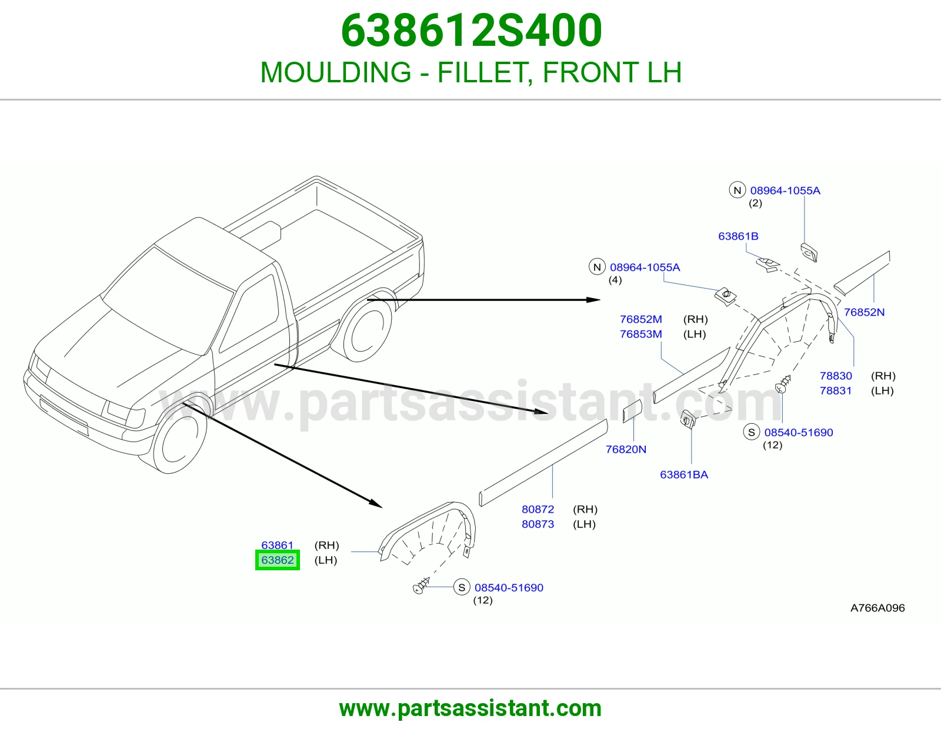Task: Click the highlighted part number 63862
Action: point(278,560)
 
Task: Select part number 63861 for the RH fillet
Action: point(277,545)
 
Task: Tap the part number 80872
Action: point(538,509)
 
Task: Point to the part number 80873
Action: point(538,524)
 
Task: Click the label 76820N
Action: point(626,449)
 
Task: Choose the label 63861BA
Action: point(684,474)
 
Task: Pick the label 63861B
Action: point(738,236)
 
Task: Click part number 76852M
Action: point(641,319)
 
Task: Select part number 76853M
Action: point(641,334)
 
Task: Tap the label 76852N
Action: point(865,312)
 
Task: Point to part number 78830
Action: point(836,376)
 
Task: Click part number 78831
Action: point(836,390)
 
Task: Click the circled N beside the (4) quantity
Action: point(597,267)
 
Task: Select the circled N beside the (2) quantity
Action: point(738,190)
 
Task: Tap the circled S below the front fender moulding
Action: point(462,587)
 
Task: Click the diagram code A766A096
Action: point(877,608)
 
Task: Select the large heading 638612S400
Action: point(471,30)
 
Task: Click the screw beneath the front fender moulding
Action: point(421,586)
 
